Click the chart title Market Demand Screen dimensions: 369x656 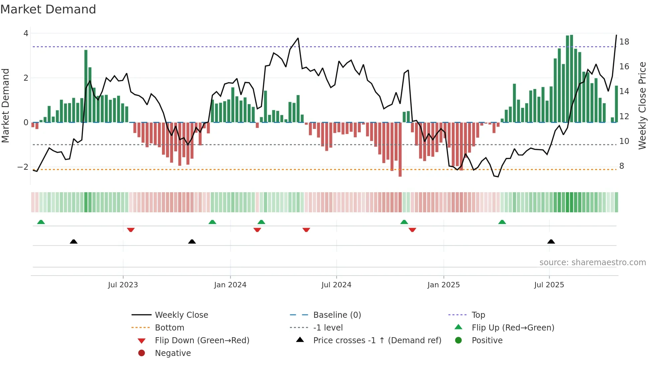coord(48,9)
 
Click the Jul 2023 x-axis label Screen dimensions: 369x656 coord(123,285)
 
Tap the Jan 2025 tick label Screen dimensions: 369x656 coord(443,285)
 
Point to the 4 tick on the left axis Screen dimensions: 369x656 coord(26,33)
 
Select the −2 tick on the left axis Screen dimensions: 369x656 coord(23,167)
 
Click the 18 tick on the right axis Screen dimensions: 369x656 coord(624,42)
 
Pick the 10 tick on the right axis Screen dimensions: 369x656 coord(624,141)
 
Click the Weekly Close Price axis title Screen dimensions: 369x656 coord(642,105)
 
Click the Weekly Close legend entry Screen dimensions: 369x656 coord(181,315)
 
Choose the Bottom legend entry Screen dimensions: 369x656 coord(169,328)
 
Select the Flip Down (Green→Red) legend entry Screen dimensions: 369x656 coord(202,341)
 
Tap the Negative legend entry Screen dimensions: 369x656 coord(173,353)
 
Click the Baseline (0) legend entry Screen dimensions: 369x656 coord(337,315)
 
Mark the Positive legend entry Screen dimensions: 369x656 coord(487,341)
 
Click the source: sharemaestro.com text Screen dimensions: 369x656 coord(592,263)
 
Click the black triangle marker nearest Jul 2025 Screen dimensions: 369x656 coord(551,241)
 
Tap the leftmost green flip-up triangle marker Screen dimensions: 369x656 coord(41,222)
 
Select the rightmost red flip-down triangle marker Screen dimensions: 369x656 coord(412,230)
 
